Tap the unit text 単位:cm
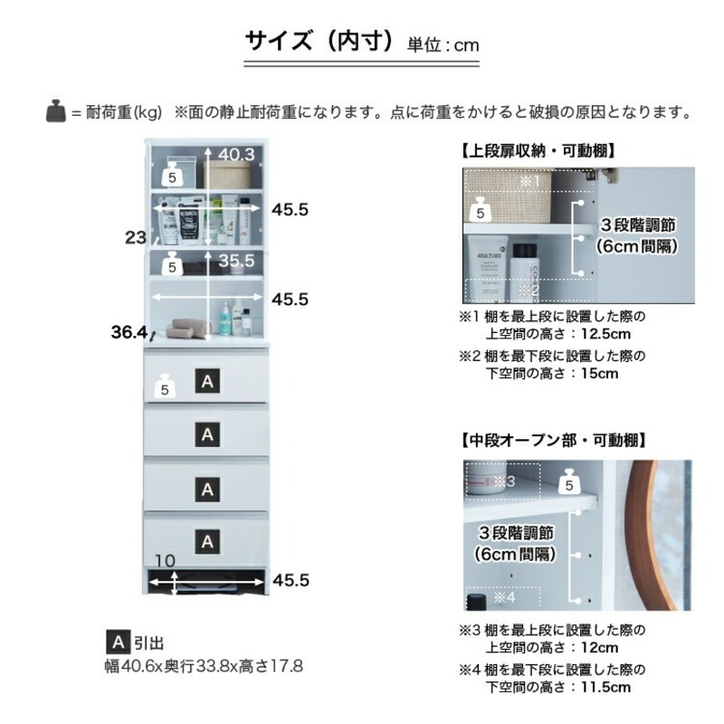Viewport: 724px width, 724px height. [x=443, y=44]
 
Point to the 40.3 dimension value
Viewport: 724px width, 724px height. [x=235, y=155]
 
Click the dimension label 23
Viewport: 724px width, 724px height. [x=136, y=238]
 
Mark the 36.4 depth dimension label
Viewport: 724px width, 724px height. [x=129, y=333]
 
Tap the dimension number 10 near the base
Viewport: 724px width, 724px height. [x=163, y=561]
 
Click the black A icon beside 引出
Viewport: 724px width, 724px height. [x=117, y=643]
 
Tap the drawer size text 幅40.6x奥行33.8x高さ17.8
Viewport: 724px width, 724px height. [x=204, y=667]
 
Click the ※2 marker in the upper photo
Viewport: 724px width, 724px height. [x=529, y=291]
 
